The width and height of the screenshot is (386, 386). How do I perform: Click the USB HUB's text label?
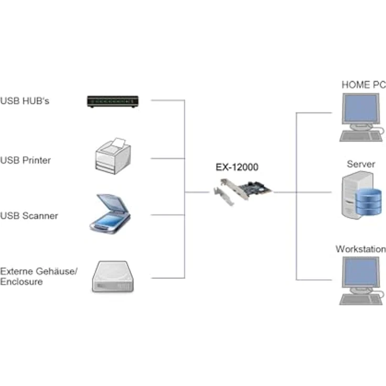(x=25, y=101)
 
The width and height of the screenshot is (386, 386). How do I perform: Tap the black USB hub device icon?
(x=113, y=101)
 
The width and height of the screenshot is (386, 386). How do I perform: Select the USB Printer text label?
(x=25, y=160)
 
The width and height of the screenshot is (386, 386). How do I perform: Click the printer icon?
(x=113, y=156)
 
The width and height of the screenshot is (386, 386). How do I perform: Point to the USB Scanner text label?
(x=29, y=216)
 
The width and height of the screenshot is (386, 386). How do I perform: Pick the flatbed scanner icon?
(x=110, y=213)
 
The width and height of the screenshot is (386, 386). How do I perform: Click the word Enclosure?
(x=22, y=282)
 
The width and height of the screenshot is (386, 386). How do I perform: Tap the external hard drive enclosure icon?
(x=113, y=277)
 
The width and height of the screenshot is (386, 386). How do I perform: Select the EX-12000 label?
(x=237, y=167)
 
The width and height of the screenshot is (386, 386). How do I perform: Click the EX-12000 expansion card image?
(x=242, y=192)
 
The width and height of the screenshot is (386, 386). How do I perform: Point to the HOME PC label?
(x=363, y=84)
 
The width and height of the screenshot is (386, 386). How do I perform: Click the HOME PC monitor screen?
(x=361, y=108)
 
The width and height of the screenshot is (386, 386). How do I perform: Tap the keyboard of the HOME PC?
(x=361, y=137)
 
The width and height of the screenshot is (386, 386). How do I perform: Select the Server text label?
(x=361, y=164)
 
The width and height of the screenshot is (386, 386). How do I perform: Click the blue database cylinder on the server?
(x=369, y=201)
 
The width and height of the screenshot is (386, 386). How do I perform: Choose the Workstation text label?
(x=361, y=249)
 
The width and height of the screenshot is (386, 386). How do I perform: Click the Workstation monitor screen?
(x=361, y=272)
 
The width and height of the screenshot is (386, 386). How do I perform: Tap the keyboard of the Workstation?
(x=361, y=300)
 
